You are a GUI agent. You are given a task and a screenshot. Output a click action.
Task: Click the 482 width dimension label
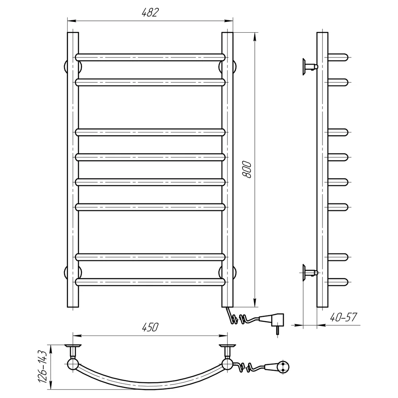click(150, 12)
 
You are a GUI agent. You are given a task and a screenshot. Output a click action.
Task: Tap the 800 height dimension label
click(247, 169)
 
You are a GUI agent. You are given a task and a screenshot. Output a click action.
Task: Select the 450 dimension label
click(150, 327)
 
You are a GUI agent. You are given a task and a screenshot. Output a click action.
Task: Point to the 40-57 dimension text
click(343, 317)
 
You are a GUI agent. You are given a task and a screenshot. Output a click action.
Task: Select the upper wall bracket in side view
click(310, 67)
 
